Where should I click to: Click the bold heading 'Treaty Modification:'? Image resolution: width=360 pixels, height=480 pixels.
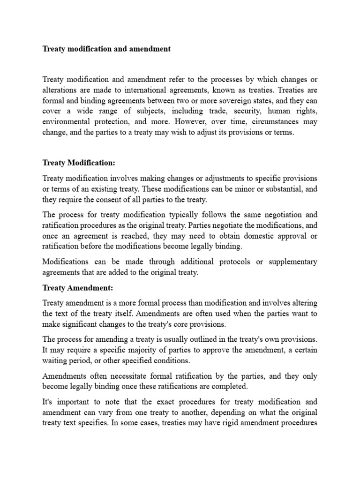coord(78,163)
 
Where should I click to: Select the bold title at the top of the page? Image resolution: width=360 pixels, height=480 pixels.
coord(106,49)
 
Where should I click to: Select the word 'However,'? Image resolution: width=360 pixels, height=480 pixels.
coord(192,122)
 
